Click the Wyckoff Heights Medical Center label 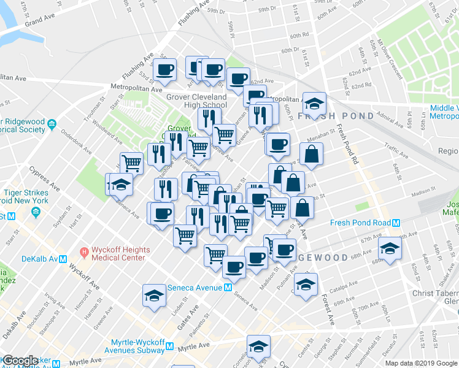pyautogui.click(x=118, y=254)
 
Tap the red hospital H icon pyautogui.click(x=85, y=251)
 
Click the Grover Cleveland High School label pyautogui.click(x=197, y=101)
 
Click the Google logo pyautogui.click(x=20, y=361)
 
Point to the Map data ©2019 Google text pyautogui.click(x=421, y=363)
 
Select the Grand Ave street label pyautogui.click(x=37, y=21)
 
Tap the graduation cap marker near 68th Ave pyautogui.click(x=388, y=248)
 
